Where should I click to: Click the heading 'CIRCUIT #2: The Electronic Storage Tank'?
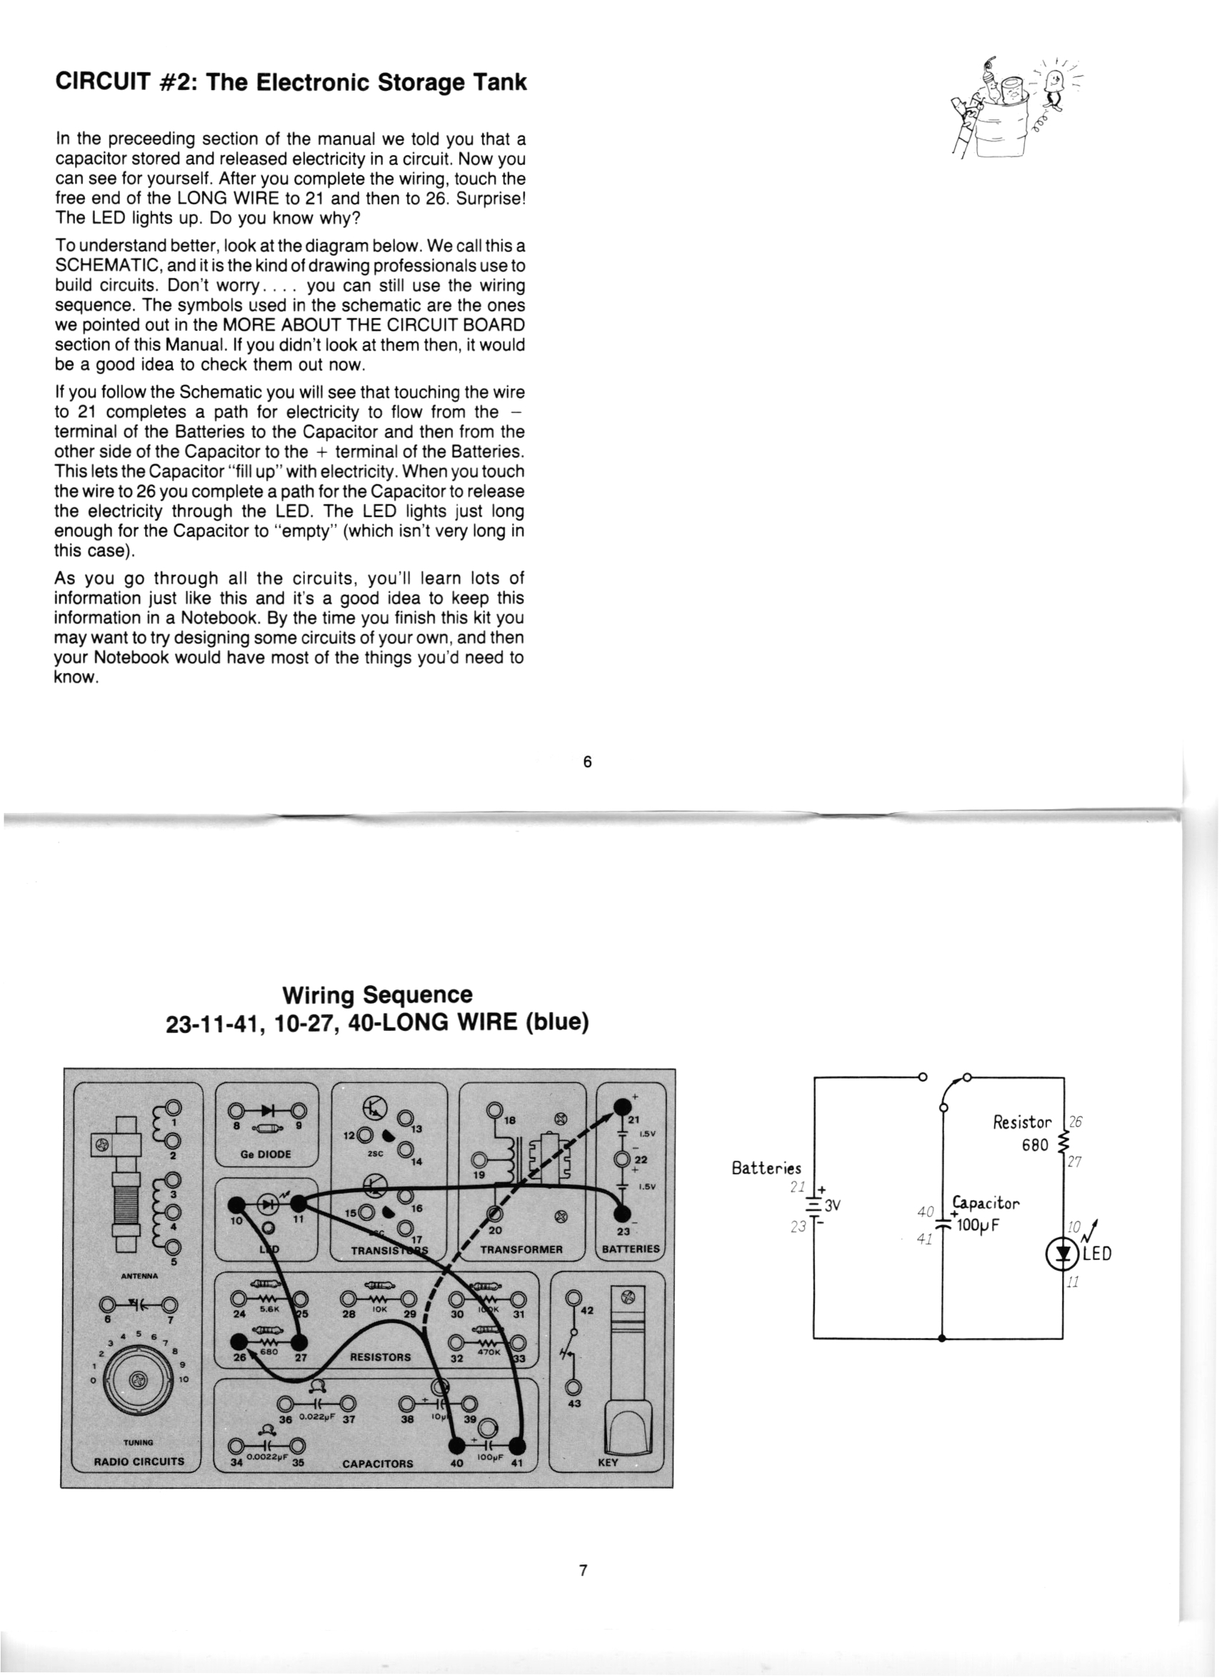coord(291,82)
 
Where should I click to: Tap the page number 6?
coord(587,762)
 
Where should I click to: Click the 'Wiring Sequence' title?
coord(377,995)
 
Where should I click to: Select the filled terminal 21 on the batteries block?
coord(622,1107)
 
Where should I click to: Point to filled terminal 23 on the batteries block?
coord(623,1214)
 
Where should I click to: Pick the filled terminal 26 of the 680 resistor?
coord(239,1342)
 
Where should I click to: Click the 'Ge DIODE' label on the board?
coord(266,1154)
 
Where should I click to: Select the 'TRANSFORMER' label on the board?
coord(521,1249)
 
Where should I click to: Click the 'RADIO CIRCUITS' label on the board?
coord(139,1462)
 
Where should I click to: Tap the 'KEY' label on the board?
coord(607,1462)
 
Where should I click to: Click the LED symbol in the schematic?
coord(1063,1252)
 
